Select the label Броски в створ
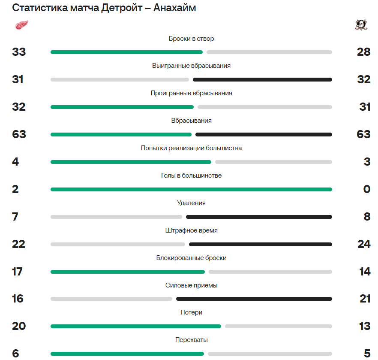tap(191, 39)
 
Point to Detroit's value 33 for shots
tap(19, 52)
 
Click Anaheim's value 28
tap(363, 52)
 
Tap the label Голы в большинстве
tap(191, 175)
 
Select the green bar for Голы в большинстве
tap(191, 189)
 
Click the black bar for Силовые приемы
tap(254, 299)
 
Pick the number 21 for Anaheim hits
tap(365, 299)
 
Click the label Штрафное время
tap(191, 230)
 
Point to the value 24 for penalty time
tap(364, 244)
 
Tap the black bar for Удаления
tap(259, 217)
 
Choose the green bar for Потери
tap(135, 326)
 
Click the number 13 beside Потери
tap(365, 326)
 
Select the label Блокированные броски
tap(191, 258)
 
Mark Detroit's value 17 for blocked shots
tap(18, 272)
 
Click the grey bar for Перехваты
tap(270, 354)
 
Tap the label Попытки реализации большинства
tap(191, 148)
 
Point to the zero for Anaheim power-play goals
tap(366, 189)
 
